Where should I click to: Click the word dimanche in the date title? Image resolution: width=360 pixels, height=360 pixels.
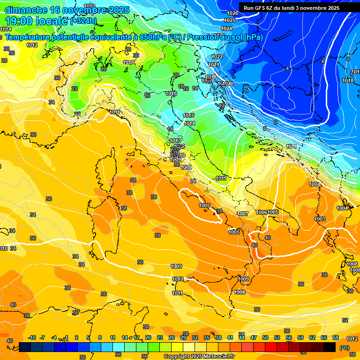(x=26, y=10)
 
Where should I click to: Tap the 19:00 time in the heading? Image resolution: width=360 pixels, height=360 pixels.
(x=19, y=21)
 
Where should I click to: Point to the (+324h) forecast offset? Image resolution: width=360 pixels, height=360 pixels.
(x=84, y=21)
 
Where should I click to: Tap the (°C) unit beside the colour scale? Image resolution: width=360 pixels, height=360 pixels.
(x=344, y=347)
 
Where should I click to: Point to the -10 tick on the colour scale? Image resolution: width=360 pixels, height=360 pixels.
(x=32, y=337)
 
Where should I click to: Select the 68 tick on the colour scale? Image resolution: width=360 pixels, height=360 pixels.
(x=336, y=337)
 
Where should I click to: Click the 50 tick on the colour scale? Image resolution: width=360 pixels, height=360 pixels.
(x=265, y=337)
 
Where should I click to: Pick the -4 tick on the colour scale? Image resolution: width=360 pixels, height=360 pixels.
(x=54, y=337)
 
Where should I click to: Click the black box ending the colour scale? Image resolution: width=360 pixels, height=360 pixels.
(x=330, y=347)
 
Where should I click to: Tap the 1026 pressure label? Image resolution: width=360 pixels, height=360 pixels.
(x=232, y=13)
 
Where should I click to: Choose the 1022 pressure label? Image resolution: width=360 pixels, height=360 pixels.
(x=217, y=57)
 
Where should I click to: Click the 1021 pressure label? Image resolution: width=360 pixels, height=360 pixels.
(x=214, y=65)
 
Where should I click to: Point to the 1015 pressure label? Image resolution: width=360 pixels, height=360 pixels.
(x=189, y=115)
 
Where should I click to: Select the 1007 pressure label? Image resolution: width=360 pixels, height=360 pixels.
(x=243, y=214)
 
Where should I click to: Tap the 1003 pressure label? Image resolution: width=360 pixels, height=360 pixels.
(x=320, y=219)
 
